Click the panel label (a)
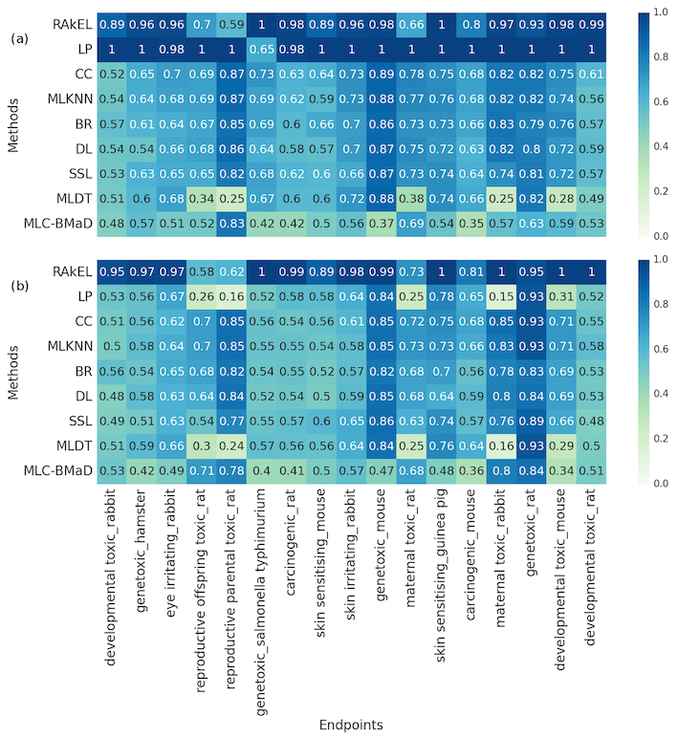20,40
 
